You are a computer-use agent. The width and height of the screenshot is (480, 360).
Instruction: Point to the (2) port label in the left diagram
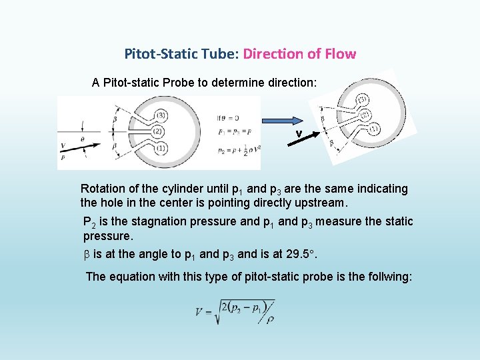159,131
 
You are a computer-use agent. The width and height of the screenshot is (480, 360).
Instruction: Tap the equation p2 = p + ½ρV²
238,151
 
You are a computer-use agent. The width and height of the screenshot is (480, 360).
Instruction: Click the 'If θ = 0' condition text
227,118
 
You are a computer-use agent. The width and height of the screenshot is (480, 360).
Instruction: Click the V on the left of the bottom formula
199,311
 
